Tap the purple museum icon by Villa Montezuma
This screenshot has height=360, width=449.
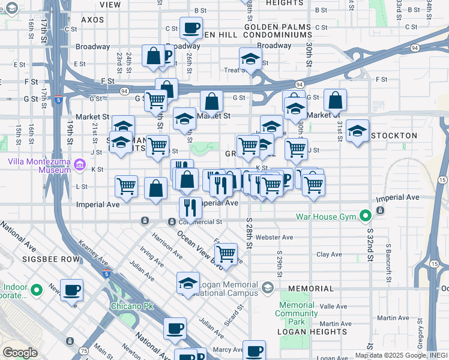pyautogui.click(x=79, y=163)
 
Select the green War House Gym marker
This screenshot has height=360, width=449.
pyautogui.click(x=364, y=216)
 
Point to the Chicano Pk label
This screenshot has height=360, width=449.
pyautogui.click(x=131, y=305)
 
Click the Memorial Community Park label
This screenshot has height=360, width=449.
pyautogui.click(x=297, y=309)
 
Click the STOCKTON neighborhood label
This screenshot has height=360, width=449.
pyautogui.click(x=394, y=136)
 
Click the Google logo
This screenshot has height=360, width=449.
pyautogui.click(x=20, y=353)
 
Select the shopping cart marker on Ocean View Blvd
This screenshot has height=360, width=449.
pyautogui.click(x=226, y=254)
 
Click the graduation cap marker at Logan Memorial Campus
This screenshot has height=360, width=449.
pyautogui.click(x=188, y=284)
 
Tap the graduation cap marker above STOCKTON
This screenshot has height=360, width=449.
pyautogui.click(x=357, y=131)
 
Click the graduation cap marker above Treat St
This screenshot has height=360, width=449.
pyautogui.click(x=250, y=59)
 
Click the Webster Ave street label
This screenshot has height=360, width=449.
pyautogui.click(x=274, y=237)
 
